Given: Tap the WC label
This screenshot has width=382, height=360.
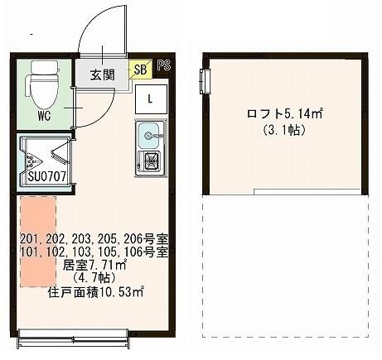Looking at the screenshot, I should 44,117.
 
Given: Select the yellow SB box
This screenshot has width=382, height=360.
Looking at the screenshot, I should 140,70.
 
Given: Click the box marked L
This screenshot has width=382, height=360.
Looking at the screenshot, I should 150,99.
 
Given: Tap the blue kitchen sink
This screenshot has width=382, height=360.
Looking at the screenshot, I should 150,133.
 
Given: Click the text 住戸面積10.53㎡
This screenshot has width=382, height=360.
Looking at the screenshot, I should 94,292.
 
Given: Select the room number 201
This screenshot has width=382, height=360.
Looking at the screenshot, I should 30,239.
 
